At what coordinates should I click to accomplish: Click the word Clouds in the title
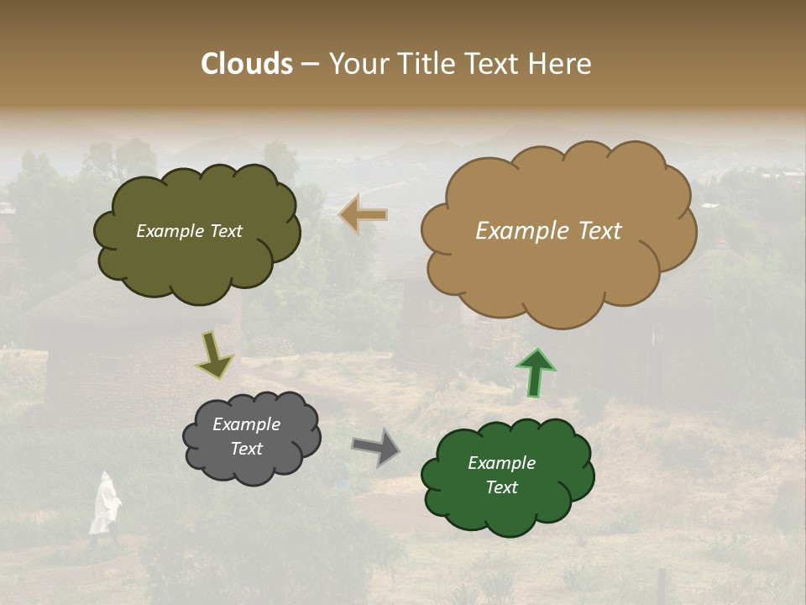tap(247, 64)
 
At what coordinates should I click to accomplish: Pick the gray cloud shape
tap(251, 467)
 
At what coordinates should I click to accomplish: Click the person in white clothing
tap(104, 504)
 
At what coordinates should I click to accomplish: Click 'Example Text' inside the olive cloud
tap(189, 231)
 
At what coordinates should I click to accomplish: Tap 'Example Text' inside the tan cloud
tap(548, 231)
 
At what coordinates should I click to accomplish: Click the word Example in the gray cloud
tap(246, 424)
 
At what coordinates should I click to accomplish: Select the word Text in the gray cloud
tap(246, 449)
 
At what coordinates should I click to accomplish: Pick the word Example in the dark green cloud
tap(501, 463)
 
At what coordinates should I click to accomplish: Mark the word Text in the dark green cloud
tap(501, 487)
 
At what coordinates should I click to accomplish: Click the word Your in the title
tap(356, 64)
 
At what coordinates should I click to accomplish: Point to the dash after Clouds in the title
tap(309, 65)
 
